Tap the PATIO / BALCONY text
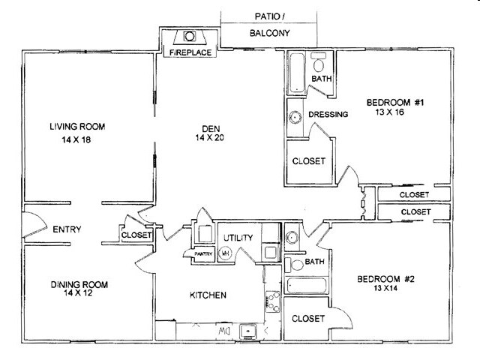[x=268, y=25]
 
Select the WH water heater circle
[x=225, y=253]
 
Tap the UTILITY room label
[x=238, y=238]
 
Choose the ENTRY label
[x=67, y=229]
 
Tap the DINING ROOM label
[x=79, y=284]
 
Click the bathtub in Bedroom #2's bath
[x=307, y=286]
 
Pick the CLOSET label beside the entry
[x=136, y=235]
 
